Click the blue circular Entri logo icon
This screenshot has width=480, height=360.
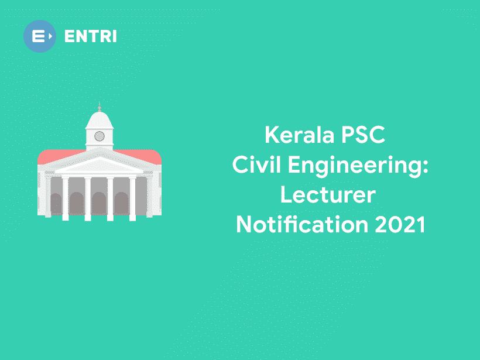point(39,36)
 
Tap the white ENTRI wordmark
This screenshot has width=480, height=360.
point(91,36)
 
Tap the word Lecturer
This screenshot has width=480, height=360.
point(327,195)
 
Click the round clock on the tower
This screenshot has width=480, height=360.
point(99,136)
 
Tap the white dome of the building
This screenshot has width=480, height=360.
point(99,121)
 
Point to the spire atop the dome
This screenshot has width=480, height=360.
point(99,107)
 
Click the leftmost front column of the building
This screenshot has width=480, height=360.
point(65,198)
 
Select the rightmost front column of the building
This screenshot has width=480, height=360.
point(132,198)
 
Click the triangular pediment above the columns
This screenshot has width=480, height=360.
point(99,164)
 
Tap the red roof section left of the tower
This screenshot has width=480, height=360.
point(59,155)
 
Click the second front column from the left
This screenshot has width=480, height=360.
point(88,198)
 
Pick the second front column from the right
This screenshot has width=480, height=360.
point(110,198)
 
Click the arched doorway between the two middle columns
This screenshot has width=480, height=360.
point(99,203)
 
